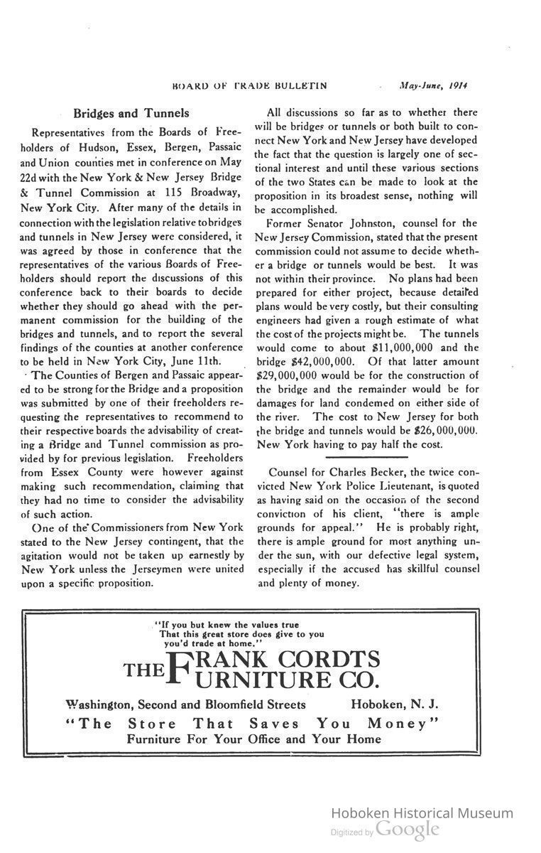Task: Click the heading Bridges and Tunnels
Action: pos(131,113)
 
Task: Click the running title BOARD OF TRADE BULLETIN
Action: pos(249,85)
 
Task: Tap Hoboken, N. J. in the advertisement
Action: pos(395,704)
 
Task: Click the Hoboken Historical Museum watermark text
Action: pos(422,813)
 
